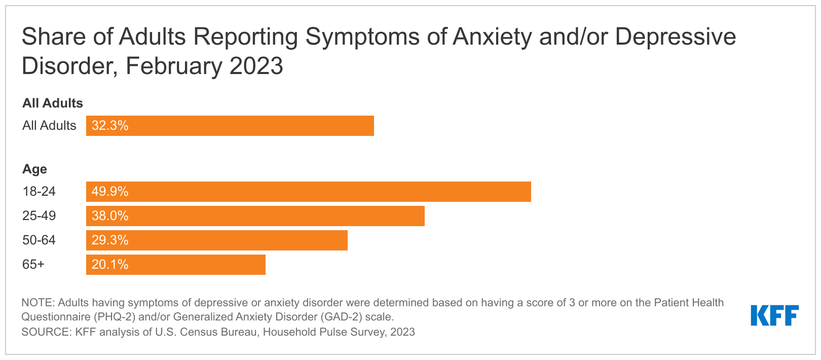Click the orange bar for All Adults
(x=230, y=126)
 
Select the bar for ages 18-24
(x=308, y=192)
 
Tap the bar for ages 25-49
(x=255, y=216)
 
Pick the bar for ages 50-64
(x=217, y=240)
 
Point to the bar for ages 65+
(x=176, y=265)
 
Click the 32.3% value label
(x=110, y=126)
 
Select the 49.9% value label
(x=110, y=192)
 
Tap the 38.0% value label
(x=110, y=216)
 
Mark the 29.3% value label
(x=110, y=240)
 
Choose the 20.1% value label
(x=110, y=265)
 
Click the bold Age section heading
(x=34, y=169)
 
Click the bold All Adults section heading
(x=53, y=103)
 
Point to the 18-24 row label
(x=39, y=192)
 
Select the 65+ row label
(x=33, y=265)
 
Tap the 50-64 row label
(x=39, y=240)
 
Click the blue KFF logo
(x=774, y=315)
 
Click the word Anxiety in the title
(x=492, y=37)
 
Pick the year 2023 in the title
(x=256, y=66)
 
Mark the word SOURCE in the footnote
(x=45, y=332)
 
